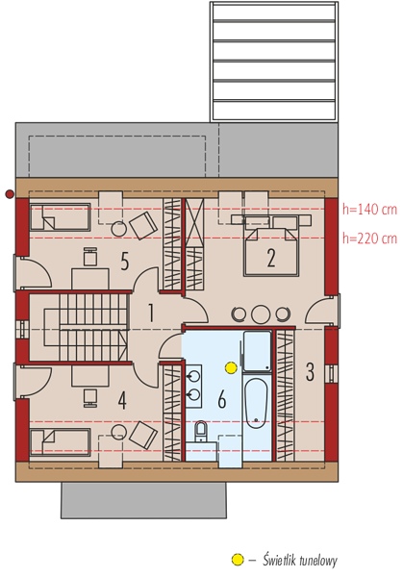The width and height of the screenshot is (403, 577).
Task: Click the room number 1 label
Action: (150, 313)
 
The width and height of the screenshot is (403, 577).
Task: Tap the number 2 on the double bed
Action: (271, 258)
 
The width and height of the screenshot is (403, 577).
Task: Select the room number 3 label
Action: (310, 371)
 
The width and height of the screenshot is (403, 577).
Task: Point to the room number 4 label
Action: (122, 401)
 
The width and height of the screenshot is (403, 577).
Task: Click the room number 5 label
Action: (125, 262)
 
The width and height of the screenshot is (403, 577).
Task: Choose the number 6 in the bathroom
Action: (222, 400)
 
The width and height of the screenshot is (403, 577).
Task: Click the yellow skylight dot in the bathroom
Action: (231, 367)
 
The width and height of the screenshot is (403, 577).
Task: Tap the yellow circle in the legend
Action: (238, 560)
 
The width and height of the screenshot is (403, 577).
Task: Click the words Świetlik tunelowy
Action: (300, 561)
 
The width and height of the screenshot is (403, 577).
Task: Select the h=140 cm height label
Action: (370, 210)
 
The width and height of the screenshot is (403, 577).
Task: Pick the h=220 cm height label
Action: (370, 238)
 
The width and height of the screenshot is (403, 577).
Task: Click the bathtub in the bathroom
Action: (256, 403)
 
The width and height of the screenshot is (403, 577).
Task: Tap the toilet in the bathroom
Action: (201, 431)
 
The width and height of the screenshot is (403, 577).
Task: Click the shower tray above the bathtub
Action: (257, 351)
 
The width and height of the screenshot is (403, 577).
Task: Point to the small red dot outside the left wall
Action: (10, 194)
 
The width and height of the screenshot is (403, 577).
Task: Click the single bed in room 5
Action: (60, 217)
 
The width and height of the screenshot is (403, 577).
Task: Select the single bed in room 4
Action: (60, 442)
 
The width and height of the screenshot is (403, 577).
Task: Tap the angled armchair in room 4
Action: (143, 435)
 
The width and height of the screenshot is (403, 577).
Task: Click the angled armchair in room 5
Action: (143, 225)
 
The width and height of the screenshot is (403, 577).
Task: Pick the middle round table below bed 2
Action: (261, 314)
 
